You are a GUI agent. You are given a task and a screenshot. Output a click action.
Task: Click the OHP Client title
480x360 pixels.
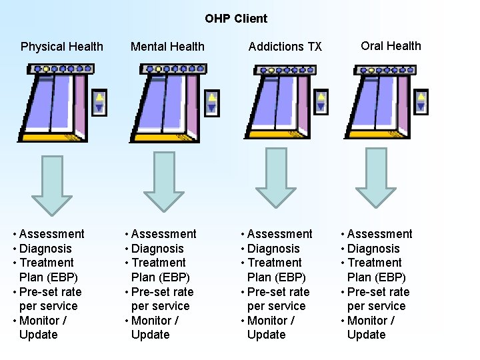pos(236,19)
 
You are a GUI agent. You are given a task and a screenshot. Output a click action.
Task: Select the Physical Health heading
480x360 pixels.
pos(62,47)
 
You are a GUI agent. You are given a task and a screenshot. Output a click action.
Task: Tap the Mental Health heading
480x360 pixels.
pos(167,47)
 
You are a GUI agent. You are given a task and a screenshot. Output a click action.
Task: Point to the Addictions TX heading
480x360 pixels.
pos(285,47)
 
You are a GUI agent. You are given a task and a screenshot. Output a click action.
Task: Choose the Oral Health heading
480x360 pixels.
pos(391,46)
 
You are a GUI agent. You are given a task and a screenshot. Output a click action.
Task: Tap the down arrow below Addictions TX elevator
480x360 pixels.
pos(275,177)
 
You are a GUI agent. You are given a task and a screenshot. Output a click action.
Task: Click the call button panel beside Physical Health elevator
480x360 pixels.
pos(99,101)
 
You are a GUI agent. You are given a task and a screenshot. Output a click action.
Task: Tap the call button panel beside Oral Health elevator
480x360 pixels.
pos(421,101)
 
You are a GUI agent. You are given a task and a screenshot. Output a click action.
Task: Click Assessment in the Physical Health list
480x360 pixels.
pos(52,234)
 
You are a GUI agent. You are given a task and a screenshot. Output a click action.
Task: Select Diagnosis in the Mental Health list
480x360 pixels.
pos(157,249)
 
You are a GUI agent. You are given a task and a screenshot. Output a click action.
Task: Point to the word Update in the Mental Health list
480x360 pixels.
pos(150,335)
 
